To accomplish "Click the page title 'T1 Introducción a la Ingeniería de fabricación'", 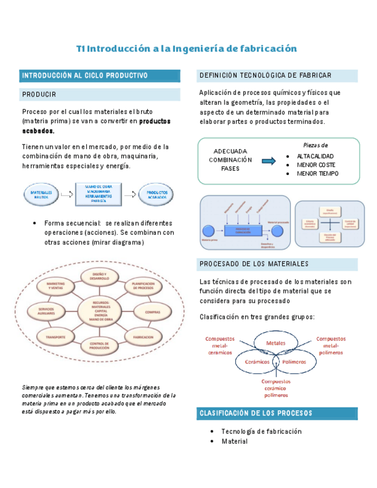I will tap(186, 49).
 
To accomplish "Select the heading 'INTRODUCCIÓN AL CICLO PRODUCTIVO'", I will tap(85, 76).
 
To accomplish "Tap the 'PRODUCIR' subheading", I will tap(40, 94).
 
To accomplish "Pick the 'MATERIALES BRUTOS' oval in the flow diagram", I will tap(41, 195).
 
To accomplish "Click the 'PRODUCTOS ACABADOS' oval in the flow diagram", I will tap(157, 195).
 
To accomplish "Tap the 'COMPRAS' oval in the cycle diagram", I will tap(153, 312).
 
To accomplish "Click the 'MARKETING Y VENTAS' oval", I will tap(56, 285).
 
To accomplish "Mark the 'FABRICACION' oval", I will tap(143, 337).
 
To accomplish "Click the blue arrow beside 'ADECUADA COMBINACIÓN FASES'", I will tap(269, 161).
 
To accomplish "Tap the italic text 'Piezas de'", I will tap(315, 145).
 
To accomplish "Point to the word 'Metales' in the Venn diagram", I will tap(275, 344).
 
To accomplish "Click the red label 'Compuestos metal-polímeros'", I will tap(333, 345).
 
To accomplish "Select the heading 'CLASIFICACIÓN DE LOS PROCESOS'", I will tap(256, 413).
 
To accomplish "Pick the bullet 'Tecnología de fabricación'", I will tap(261, 432).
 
